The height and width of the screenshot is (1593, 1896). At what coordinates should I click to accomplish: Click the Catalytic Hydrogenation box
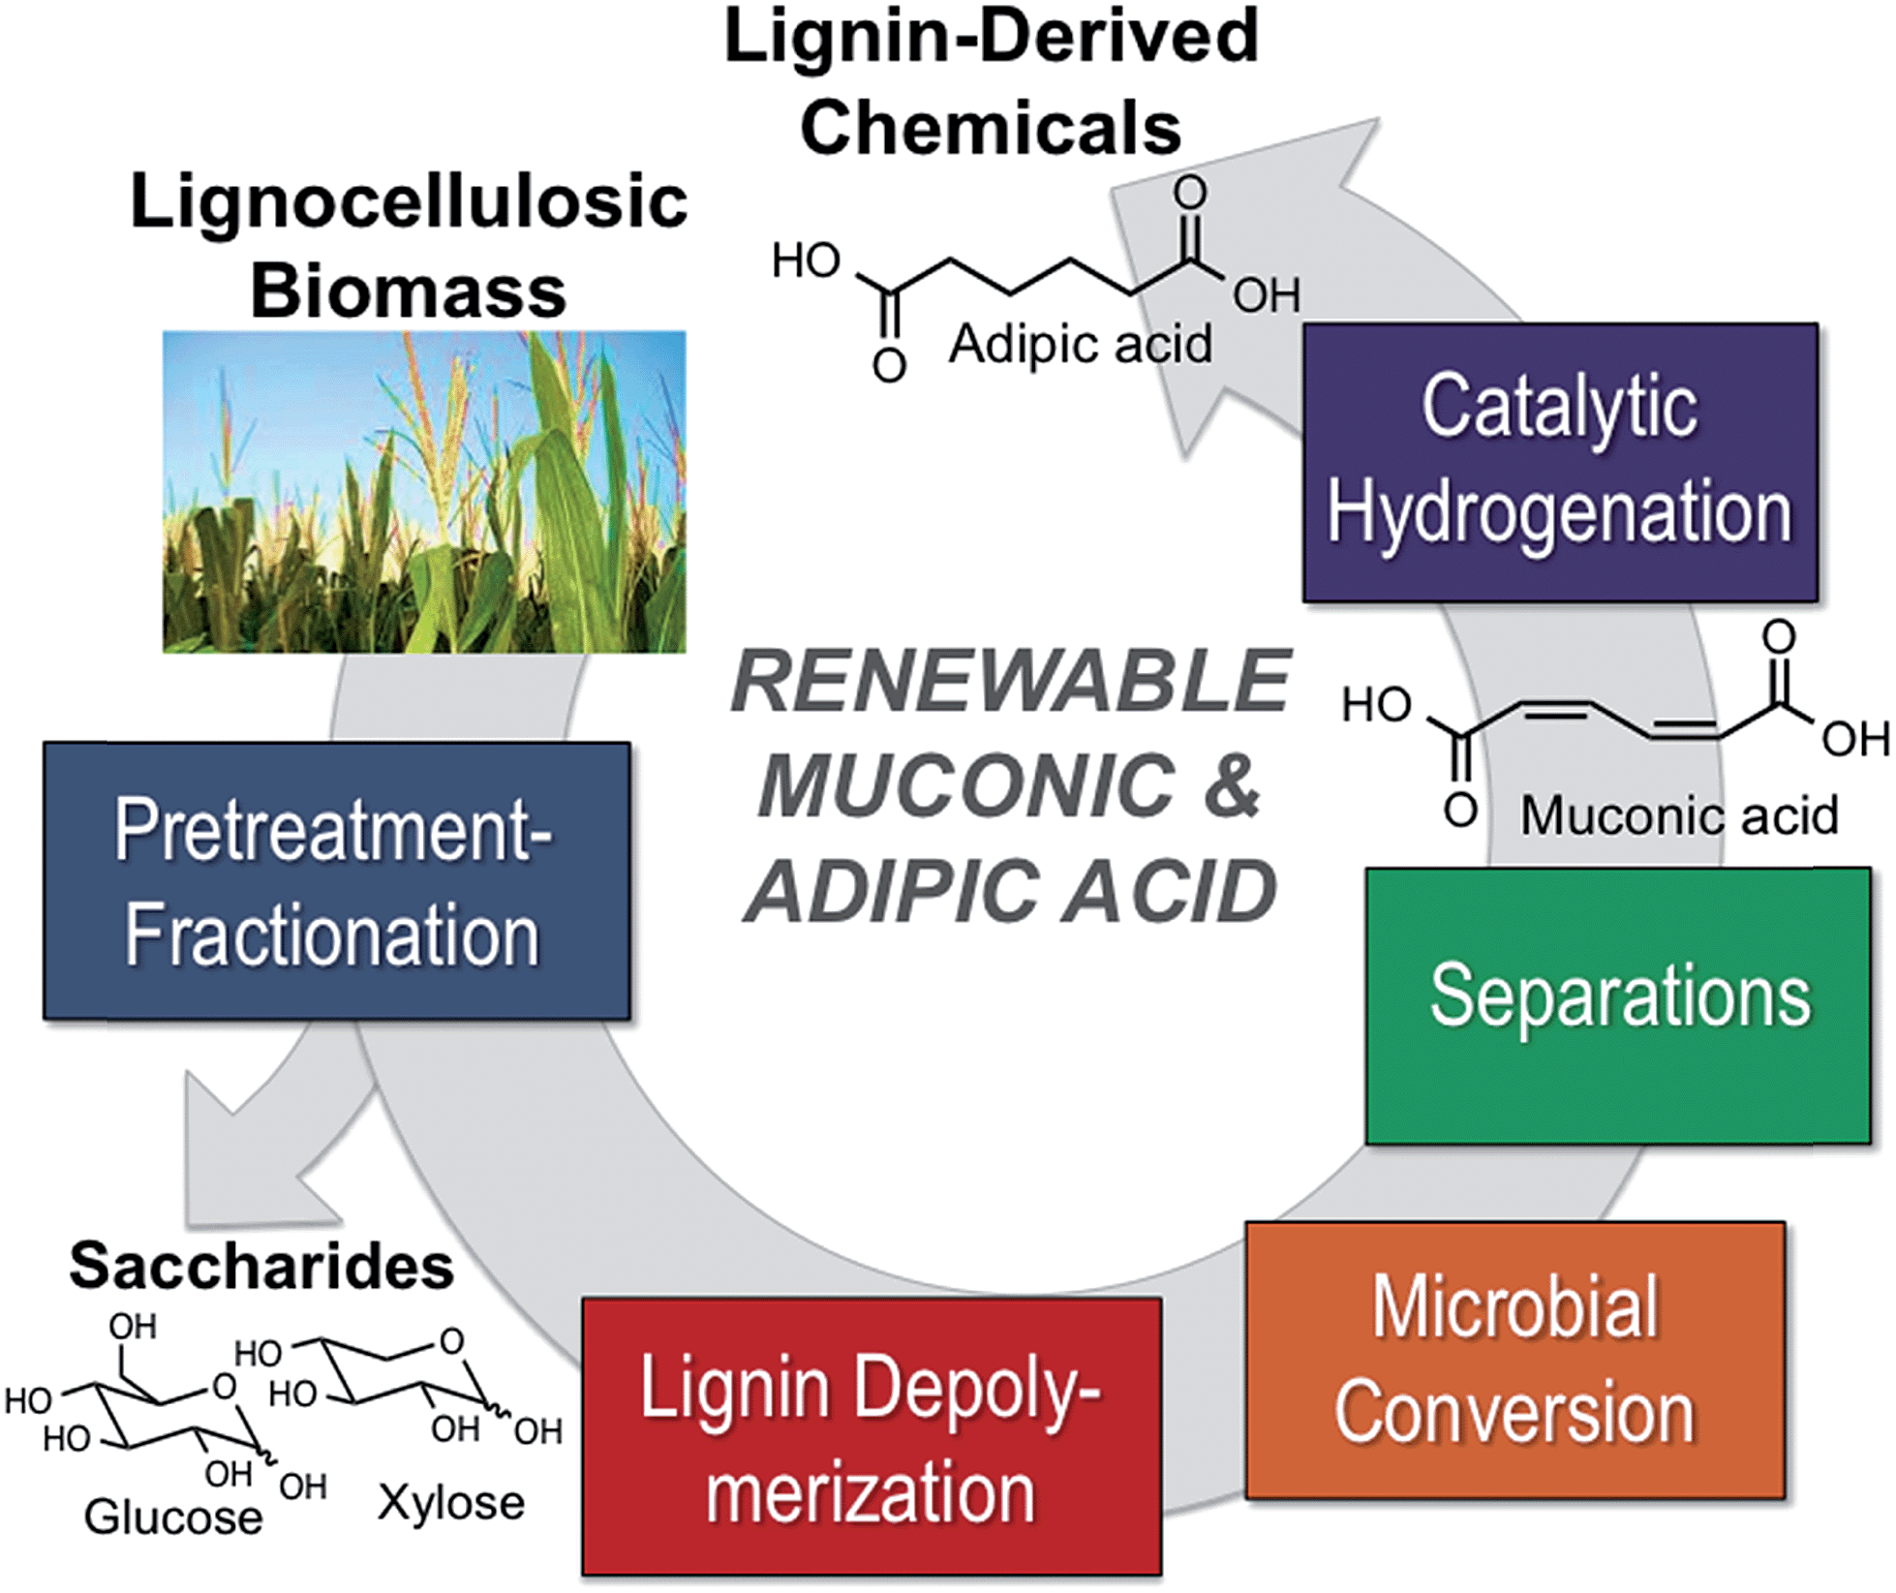pos(1559,462)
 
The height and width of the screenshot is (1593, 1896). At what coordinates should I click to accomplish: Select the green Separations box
pos(1617,1005)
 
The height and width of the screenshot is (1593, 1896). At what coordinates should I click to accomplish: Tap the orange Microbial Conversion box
pos(1514,1360)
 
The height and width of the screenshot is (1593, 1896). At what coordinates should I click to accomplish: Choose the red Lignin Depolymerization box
pos(871,1437)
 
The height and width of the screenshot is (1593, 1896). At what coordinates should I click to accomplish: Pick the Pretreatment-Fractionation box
pos(336,880)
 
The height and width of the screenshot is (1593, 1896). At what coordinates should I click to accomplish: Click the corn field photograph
pos(424,492)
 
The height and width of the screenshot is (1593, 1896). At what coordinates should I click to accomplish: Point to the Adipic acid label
pos(1080,345)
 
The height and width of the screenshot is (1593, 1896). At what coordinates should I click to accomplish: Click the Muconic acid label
pos(1679,815)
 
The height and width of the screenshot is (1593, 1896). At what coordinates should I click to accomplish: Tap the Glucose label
pos(172,1516)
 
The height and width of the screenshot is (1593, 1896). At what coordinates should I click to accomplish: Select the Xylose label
pos(451,1503)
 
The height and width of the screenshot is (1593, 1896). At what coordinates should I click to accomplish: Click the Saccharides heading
pos(261,1266)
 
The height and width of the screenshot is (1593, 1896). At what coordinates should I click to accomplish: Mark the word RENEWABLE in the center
pos(1010,681)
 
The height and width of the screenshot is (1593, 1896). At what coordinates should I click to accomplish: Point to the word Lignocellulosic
pos(409,203)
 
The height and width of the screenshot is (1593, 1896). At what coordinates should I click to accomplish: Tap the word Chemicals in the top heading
pos(991,128)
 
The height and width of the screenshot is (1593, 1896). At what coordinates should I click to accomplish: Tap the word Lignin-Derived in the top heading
pos(991,37)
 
